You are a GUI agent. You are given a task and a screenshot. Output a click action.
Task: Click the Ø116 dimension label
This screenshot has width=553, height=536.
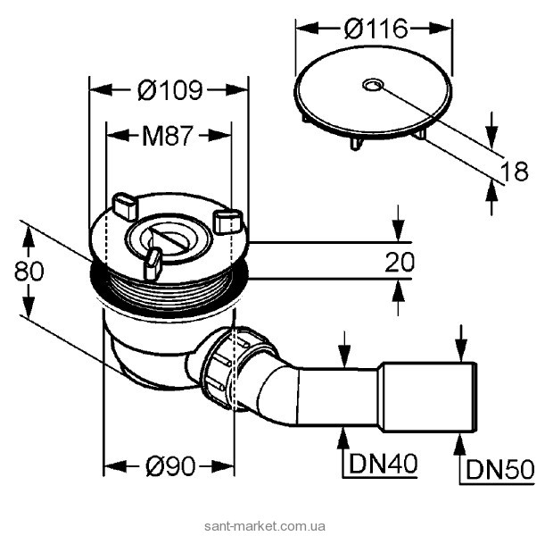376,29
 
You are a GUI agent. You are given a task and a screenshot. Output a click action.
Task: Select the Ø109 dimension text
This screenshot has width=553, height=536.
170,90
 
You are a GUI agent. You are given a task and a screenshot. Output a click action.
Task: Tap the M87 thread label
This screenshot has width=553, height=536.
168,136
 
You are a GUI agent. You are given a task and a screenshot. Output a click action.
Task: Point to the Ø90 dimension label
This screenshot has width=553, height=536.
170,466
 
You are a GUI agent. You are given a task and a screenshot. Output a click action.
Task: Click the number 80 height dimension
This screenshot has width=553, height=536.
29,272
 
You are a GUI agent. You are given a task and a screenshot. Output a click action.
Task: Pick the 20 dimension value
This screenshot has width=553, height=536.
400,262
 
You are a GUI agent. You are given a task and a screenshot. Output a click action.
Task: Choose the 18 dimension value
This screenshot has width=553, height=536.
516,172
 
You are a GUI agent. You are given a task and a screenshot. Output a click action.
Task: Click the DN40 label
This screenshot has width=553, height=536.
383,464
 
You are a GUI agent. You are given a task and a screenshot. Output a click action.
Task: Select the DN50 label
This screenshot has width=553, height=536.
500,470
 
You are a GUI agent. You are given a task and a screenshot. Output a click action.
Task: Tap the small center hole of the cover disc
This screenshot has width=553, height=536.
371,85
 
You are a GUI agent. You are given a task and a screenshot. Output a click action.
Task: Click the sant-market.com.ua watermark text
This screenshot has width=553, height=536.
265,526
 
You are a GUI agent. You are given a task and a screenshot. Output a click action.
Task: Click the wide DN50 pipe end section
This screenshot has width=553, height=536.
430,397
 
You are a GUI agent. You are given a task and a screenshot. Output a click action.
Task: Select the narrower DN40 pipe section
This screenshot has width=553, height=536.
340,397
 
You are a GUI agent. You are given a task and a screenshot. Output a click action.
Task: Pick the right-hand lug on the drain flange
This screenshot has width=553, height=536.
228,221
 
